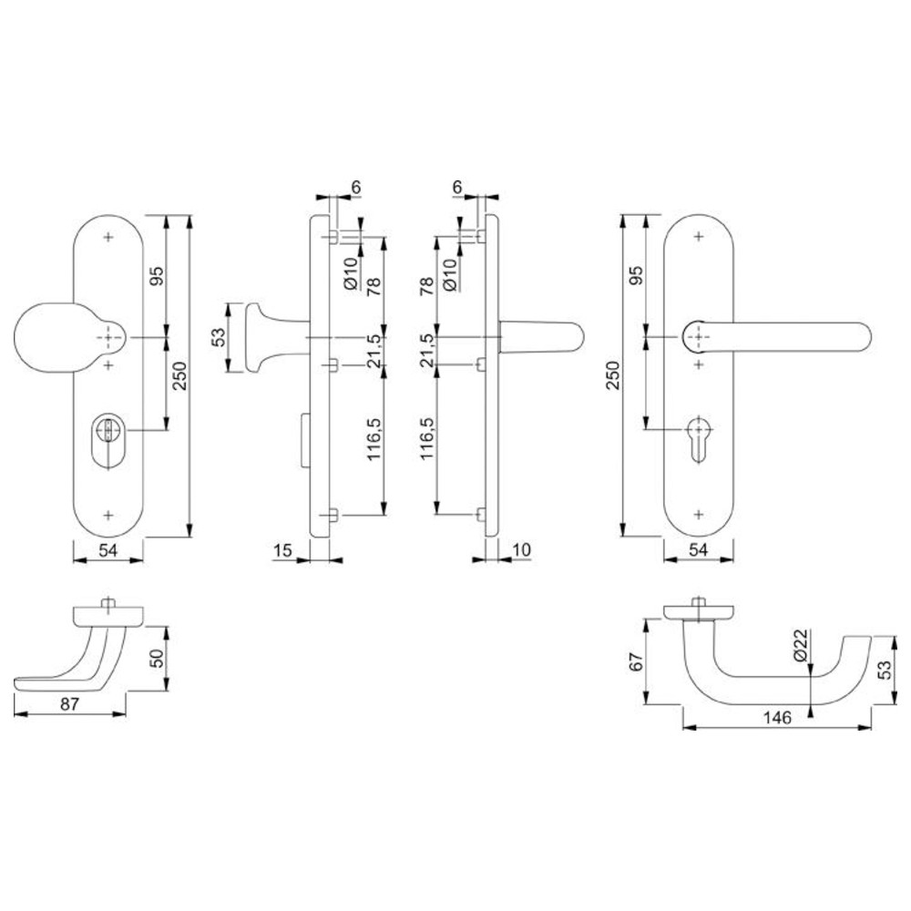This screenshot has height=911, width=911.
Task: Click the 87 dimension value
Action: tap(69, 703)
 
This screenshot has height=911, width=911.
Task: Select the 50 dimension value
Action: tap(158, 659)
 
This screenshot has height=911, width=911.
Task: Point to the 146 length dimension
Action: tap(777, 718)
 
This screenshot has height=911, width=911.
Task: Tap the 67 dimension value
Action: tap(637, 662)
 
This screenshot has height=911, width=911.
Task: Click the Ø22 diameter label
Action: tap(801, 645)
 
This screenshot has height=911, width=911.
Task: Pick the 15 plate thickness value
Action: tap(282, 549)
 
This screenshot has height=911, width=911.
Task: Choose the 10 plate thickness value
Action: tap(522, 549)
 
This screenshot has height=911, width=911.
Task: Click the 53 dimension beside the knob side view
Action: tap(218, 337)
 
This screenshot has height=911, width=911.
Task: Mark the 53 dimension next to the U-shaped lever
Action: tap(885, 670)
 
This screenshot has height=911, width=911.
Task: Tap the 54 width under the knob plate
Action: tap(108, 549)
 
